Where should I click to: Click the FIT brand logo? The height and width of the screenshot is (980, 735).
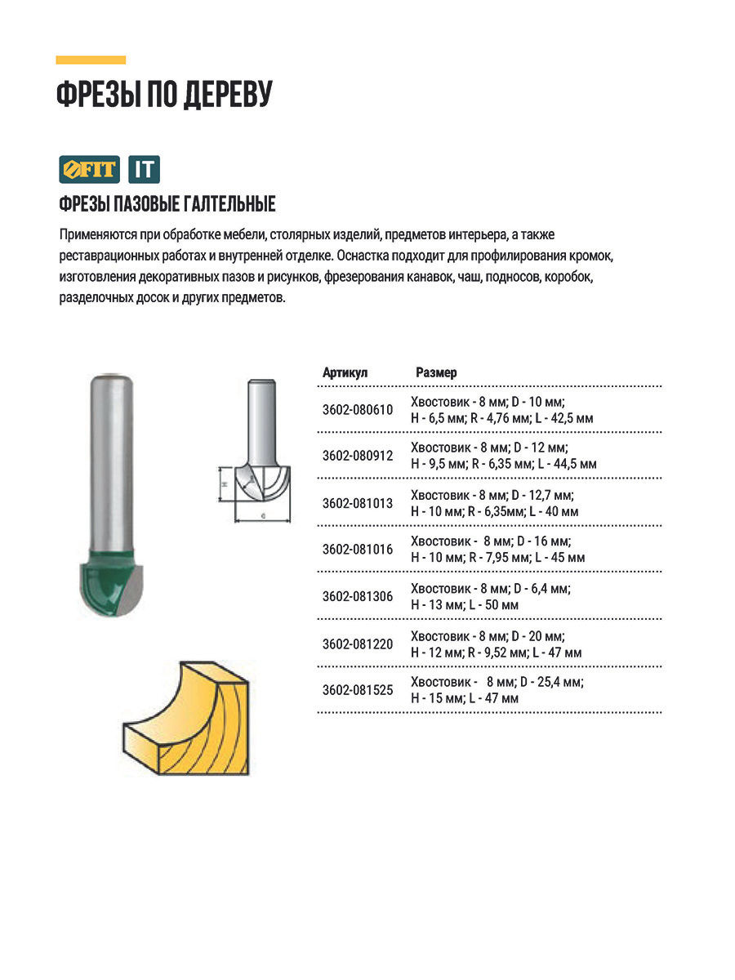[89, 170]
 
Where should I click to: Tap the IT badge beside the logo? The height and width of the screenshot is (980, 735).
[145, 170]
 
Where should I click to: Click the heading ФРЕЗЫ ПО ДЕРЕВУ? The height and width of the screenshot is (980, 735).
[163, 95]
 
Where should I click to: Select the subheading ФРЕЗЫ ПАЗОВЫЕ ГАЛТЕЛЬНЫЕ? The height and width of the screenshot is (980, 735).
[167, 204]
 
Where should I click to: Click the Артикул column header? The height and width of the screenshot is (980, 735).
[345, 372]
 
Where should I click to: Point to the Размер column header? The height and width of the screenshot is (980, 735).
[436, 372]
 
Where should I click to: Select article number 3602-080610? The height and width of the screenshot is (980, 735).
[357, 410]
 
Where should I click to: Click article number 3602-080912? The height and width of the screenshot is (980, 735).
[357, 456]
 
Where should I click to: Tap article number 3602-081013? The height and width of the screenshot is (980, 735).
[357, 503]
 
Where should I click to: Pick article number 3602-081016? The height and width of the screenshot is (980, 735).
[357, 550]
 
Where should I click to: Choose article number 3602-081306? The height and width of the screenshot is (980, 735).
[357, 597]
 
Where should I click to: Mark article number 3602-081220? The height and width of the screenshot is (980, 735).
[357, 644]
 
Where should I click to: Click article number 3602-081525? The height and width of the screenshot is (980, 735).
[357, 690]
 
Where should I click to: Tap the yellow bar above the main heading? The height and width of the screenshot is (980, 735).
[91, 60]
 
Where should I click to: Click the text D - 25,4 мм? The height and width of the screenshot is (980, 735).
[550, 682]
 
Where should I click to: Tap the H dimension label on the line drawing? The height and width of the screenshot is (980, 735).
[224, 484]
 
